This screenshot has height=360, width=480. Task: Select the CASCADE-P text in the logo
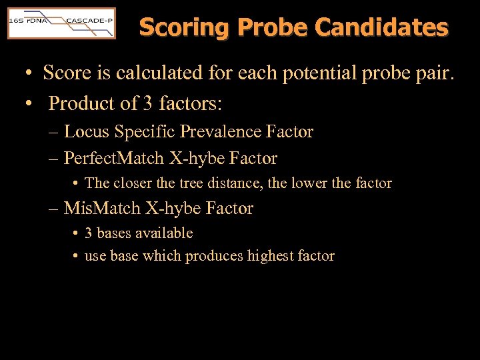tap(89, 21)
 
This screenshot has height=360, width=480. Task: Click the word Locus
tap(87, 131)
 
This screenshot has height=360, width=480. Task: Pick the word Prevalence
tap(225, 131)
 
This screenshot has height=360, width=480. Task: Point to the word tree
tap(191, 183)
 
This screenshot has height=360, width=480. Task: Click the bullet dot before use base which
tap(76, 256)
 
